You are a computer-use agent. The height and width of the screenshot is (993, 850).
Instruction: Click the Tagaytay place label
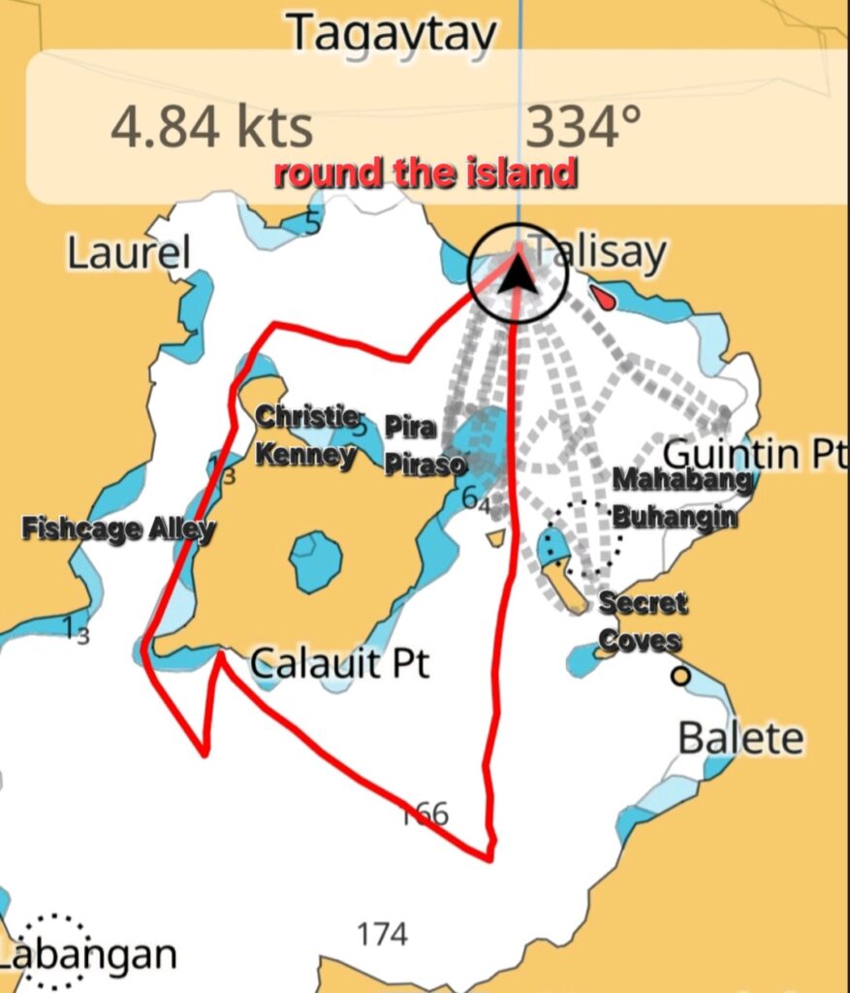pyautogui.click(x=392, y=34)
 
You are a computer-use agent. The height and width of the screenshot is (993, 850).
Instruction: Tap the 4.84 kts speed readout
pyautogui.click(x=211, y=128)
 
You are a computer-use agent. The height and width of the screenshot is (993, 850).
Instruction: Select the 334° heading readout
pyautogui.click(x=583, y=126)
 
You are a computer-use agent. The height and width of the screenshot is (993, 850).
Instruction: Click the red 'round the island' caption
pyautogui.click(x=425, y=175)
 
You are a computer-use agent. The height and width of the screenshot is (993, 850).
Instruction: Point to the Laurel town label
pyautogui.click(x=128, y=254)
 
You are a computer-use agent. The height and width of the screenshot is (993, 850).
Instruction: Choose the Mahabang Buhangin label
pyautogui.click(x=681, y=497)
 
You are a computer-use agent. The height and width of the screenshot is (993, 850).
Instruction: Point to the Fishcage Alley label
pyautogui.click(x=118, y=529)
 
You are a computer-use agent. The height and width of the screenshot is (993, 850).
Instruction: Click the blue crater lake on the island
pyautogui.click(x=316, y=561)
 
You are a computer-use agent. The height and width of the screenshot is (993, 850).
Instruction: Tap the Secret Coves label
pyautogui.click(x=641, y=622)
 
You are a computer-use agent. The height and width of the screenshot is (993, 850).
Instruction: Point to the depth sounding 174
pyautogui.click(x=382, y=935)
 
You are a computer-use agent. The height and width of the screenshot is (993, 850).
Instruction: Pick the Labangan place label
pyautogui.click(x=92, y=955)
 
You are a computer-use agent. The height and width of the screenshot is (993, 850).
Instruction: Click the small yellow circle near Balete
pyautogui.click(x=681, y=676)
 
